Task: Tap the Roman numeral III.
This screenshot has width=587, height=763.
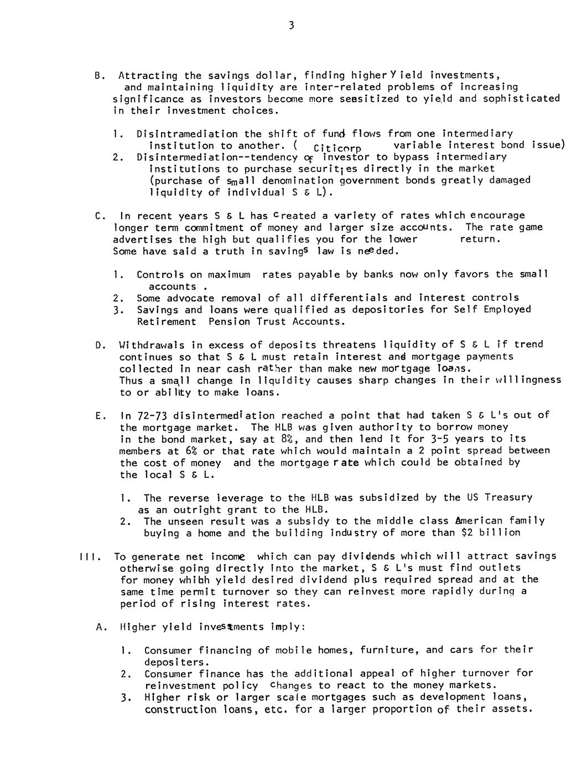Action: (x=89, y=557)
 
